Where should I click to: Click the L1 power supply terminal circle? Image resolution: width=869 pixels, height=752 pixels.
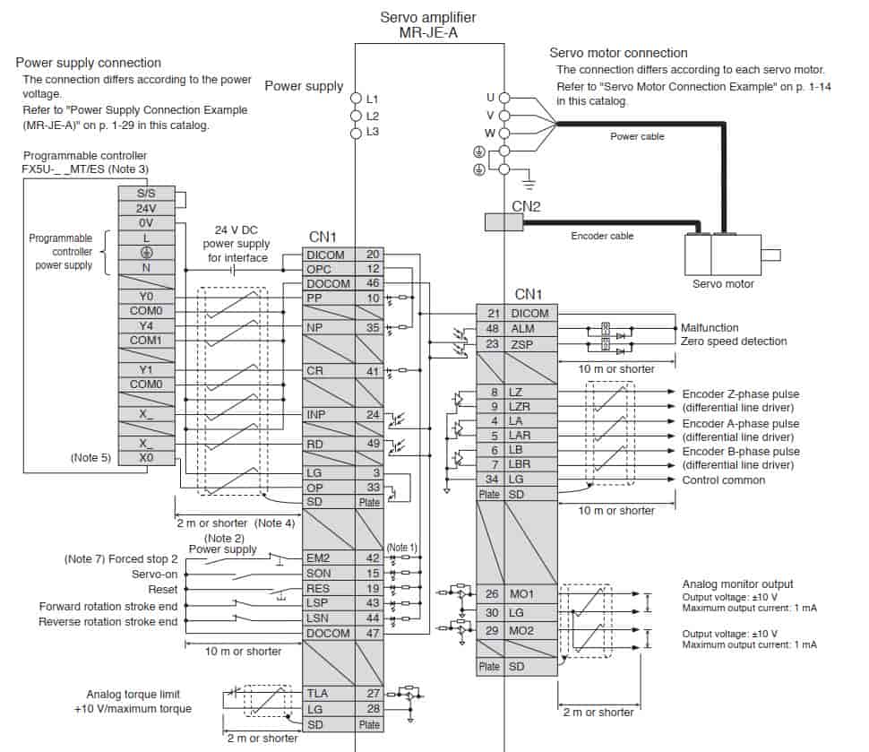click(x=356, y=99)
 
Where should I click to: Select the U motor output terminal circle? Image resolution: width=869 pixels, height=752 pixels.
click(x=503, y=99)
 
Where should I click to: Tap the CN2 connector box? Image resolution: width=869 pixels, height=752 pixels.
click(x=503, y=221)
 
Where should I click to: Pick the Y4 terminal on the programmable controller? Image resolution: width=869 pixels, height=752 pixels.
click(x=146, y=325)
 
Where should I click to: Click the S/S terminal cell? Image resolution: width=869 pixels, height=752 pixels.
click(x=146, y=194)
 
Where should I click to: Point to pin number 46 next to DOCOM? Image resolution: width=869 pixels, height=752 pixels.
click(x=373, y=283)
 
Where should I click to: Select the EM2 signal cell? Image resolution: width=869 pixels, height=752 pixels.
click(x=329, y=558)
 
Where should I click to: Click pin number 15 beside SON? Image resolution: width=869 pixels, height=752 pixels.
click(x=373, y=573)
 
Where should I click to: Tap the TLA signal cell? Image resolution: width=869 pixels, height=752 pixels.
click(x=329, y=693)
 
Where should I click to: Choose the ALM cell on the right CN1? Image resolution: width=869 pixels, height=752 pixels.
click(x=530, y=329)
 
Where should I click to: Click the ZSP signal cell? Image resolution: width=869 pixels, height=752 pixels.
click(x=530, y=344)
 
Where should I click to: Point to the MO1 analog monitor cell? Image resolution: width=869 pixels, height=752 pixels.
click(x=530, y=594)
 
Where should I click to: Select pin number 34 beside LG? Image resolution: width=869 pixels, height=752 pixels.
click(x=492, y=480)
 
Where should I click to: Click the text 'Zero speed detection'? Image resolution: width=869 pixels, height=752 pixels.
click(x=734, y=341)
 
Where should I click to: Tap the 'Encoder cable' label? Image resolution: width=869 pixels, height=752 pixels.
click(x=602, y=236)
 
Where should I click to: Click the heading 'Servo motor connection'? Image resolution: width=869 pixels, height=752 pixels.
click(x=618, y=53)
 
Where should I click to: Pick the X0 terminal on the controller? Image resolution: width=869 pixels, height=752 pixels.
click(x=146, y=458)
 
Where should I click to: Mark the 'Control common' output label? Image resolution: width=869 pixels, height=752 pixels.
click(x=723, y=480)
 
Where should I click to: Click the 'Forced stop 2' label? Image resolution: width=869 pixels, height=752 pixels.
click(x=143, y=559)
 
